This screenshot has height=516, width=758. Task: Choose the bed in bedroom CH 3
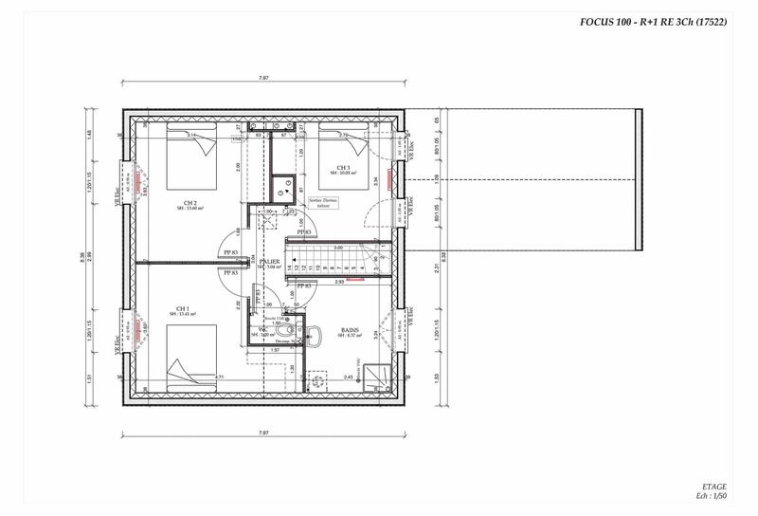345,142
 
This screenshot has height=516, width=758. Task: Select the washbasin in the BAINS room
316,379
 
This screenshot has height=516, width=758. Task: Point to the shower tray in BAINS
378,378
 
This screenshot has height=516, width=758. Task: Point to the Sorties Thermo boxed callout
322,203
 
